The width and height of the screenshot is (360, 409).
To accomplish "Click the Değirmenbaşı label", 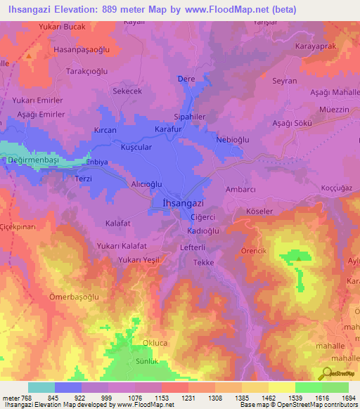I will (32, 160).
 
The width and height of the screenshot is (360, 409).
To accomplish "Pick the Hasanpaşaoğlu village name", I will (82, 51).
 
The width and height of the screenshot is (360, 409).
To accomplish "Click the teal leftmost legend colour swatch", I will (41, 387).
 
